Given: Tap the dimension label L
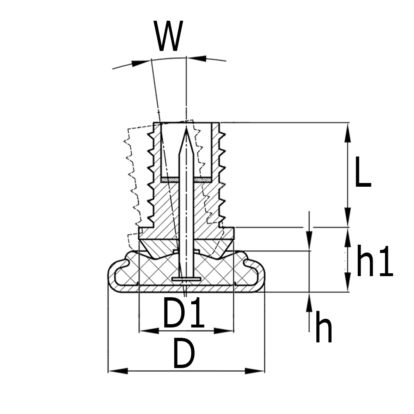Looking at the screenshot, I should (363, 174).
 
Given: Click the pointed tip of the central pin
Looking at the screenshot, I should (186, 129).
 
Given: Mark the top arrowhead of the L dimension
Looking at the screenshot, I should (348, 131).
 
